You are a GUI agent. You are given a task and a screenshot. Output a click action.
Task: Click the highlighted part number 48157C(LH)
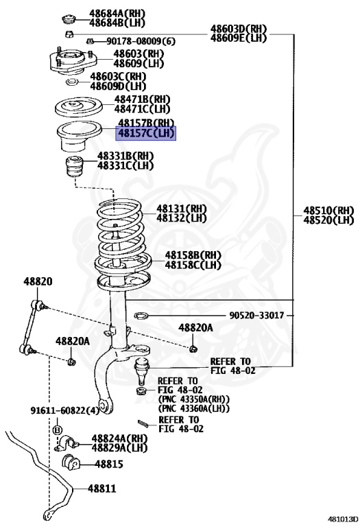(146, 133)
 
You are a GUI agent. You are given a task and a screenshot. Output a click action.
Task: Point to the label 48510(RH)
(328, 210)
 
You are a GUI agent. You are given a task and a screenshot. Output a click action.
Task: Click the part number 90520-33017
(257, 316)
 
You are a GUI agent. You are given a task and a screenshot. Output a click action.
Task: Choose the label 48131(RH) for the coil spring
(181, 209)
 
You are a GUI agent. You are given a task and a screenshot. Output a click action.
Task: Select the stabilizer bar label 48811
(101, 489)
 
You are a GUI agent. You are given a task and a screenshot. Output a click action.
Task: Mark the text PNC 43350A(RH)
(193, 399)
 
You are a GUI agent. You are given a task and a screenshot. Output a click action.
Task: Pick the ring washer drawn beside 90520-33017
(140, 316)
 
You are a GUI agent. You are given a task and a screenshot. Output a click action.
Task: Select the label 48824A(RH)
(121, 438)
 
